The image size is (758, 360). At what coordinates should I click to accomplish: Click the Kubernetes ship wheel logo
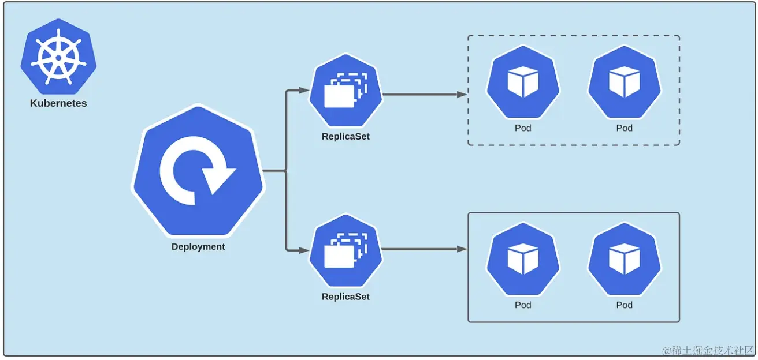pos(58,57)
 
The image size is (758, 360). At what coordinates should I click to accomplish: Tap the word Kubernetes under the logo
pos(58,104)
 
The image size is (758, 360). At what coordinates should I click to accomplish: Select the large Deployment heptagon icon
pos(198,171)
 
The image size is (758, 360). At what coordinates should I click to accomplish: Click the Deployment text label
pos(198,247)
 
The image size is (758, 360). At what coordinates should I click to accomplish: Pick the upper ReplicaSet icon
pos(345,91)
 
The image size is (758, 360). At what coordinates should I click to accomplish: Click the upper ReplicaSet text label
pos(345,137)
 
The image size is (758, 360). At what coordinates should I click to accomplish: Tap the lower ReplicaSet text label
pos(345,297)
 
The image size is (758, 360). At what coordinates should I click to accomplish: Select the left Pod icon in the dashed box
pos(523,82)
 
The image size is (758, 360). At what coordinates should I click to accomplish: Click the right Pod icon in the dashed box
pos(625,82)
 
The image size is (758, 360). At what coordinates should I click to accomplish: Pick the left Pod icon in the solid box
pos(523,260)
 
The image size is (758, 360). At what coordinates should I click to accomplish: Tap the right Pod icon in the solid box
pos(625,260)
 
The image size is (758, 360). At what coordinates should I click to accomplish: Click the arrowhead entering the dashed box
pos(462,94)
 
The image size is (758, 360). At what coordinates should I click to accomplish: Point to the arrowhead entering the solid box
pos(462,249)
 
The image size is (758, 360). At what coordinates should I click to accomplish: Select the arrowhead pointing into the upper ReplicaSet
pos(304,90)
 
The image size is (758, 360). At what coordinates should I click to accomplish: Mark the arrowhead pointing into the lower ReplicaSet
pos(304,250)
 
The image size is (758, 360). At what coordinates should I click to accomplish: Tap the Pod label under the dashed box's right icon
pos(625,128)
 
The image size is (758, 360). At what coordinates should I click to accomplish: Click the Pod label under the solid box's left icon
pos(523,305)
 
